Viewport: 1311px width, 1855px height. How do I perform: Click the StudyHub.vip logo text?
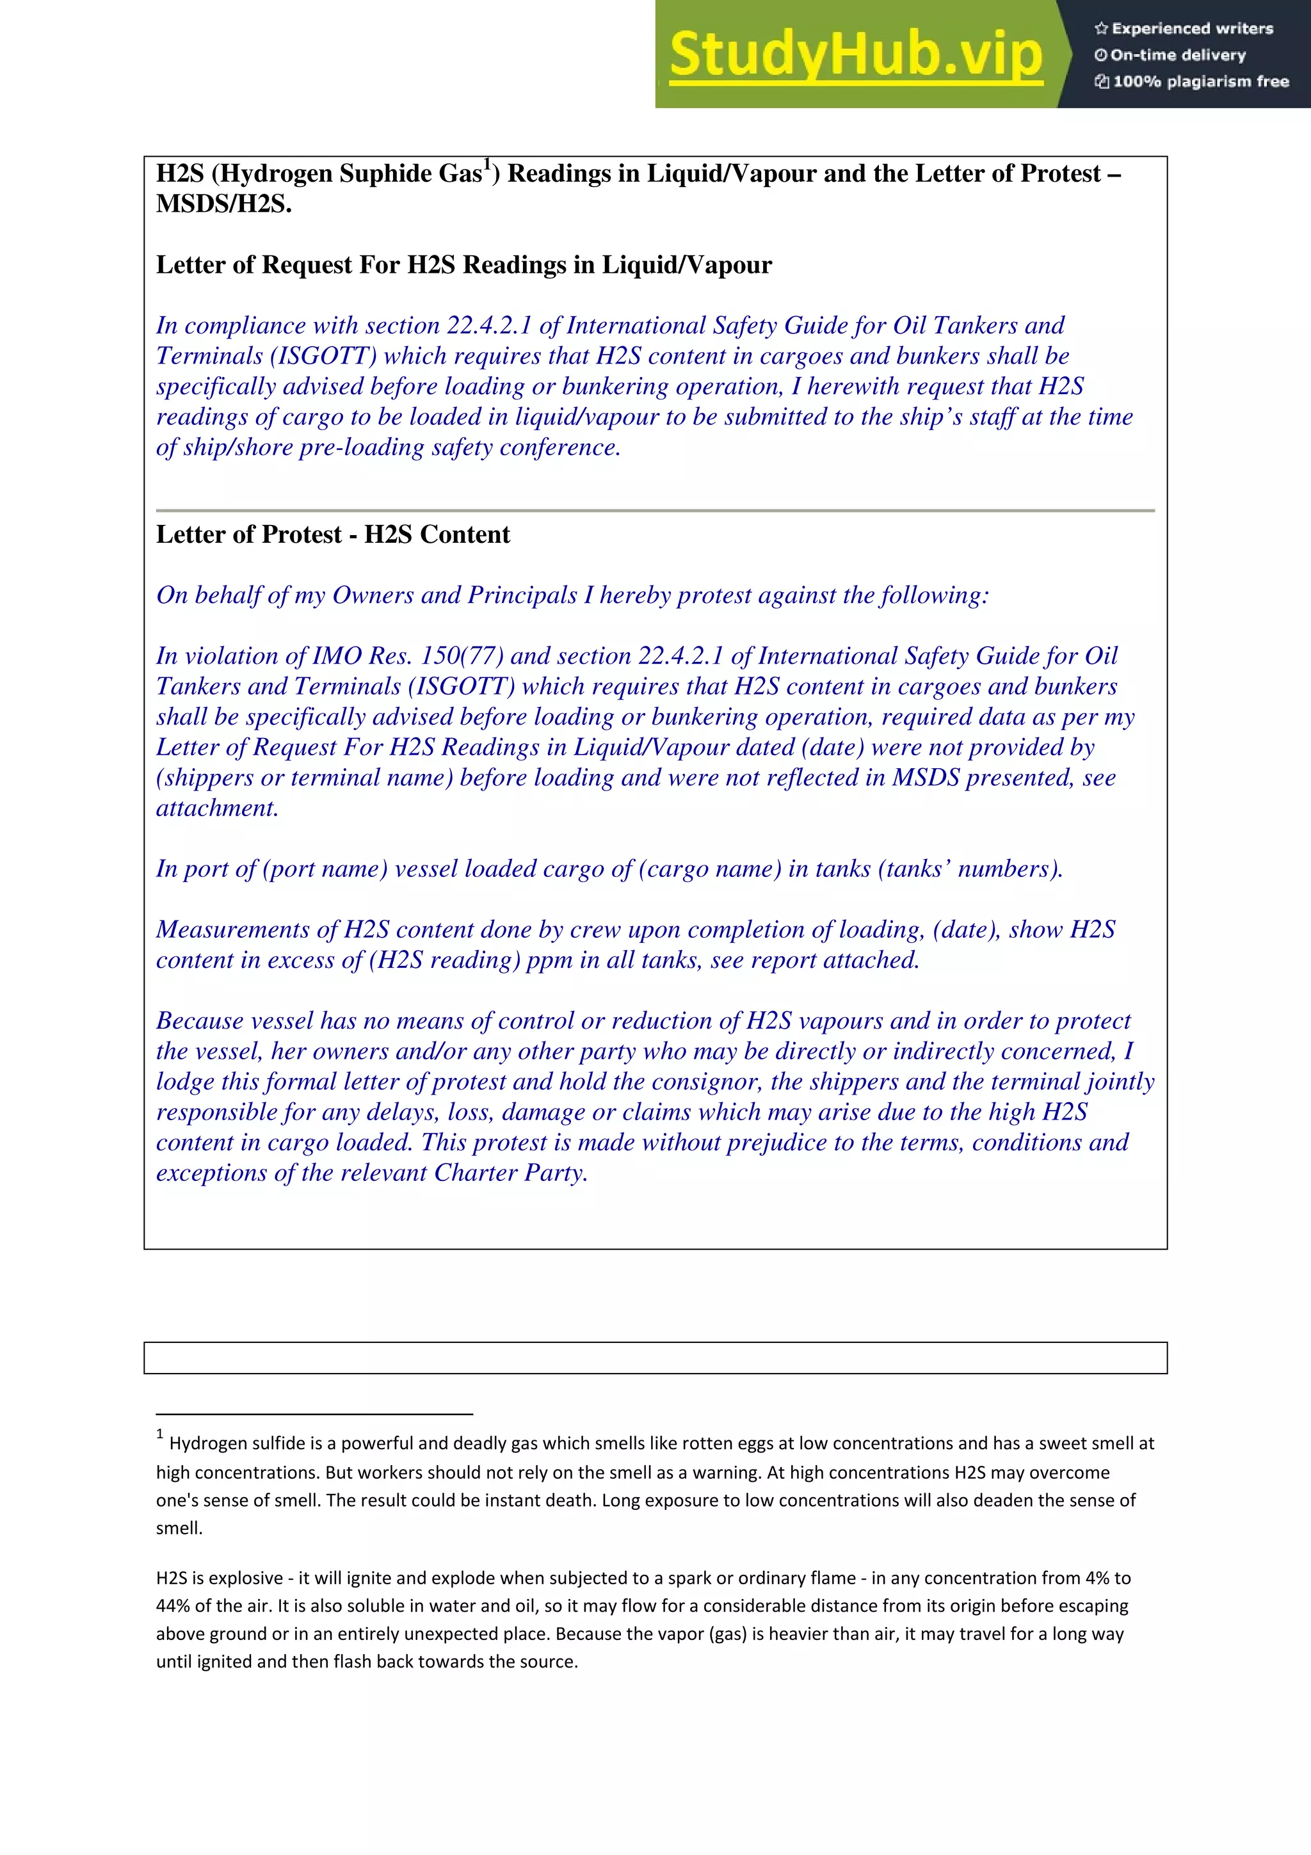click(x=855, y=55)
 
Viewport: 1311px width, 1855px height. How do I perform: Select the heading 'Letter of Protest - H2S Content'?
click(x=333, y=535)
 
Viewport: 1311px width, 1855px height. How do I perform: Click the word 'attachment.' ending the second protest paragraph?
click(x=216, y=808)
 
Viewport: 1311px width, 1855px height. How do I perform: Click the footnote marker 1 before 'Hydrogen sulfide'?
click(x=160, y=1435)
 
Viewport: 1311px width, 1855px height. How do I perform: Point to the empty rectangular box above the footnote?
click(x=655, y=1358)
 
